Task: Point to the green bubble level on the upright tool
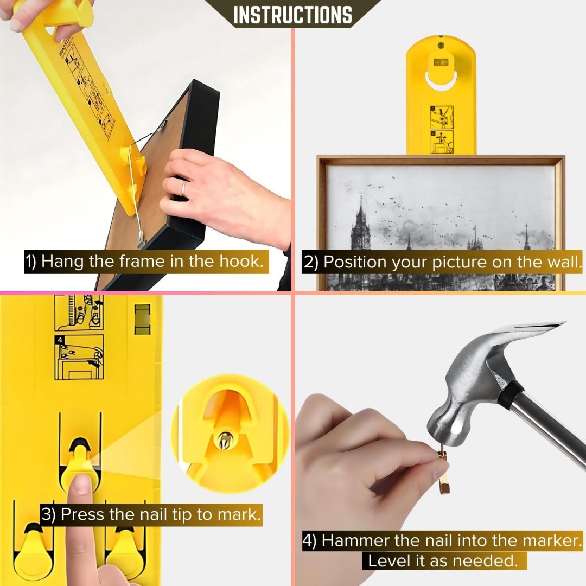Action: click(x=441, y=61)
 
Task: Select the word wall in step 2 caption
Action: click(x=561, y=262)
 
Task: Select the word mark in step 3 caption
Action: click(x=241, y=514)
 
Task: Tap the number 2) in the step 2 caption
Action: click(x=311, y=263)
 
